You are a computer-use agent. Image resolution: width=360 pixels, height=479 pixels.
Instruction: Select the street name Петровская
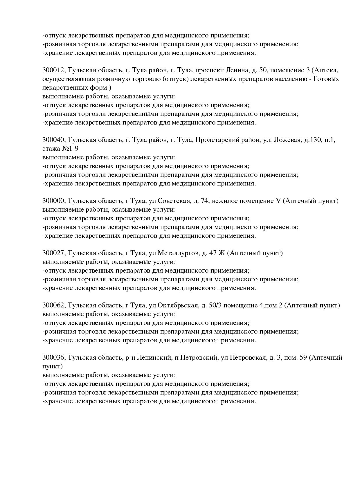pyautogui.click(x=248, y=358)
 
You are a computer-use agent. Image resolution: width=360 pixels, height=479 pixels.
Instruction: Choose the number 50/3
pyautogui.click(x=215, y=305)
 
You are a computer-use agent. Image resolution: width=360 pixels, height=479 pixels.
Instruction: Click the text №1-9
pyautogui.click(x=70, y=149)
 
